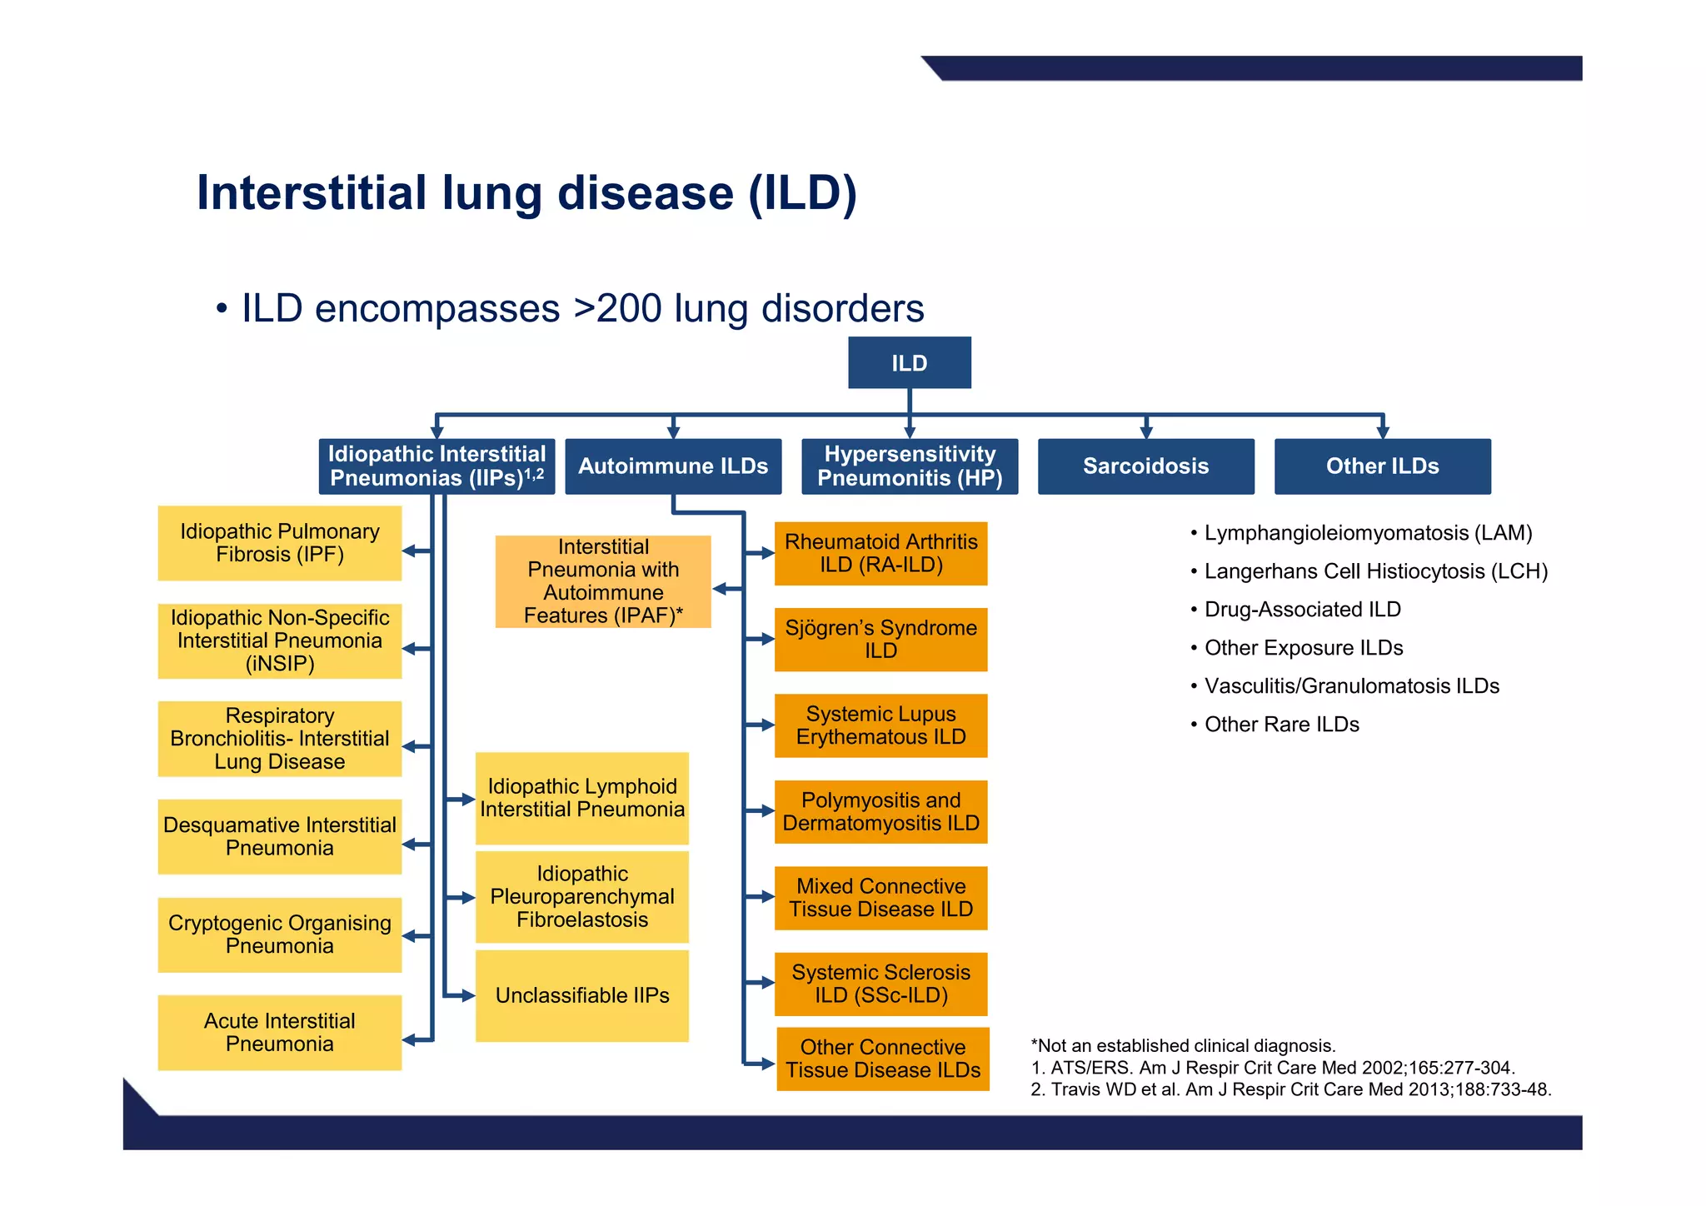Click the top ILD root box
pyautogui.click(x=909, y=362)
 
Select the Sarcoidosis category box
pyautogui.click(x=1145, y=466)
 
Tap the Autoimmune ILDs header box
pyautogui.click(x=673, y=466)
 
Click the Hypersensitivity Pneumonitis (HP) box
pyautogui.click(x=910, y=466)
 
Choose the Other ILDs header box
pyautogui.click(x=1382, y=466)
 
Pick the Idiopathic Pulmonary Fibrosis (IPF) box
pyautogui.click(x=279, y=543)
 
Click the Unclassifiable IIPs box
pyautogui.click(x=581, y=995)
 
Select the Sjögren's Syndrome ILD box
pyautogui.click(x=880, y=640)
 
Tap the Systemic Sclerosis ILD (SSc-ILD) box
pyautogui.click(x=880, y=984)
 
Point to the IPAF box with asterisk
pyautogui.click(x=603, y=581)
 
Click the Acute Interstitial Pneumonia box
pyautogui.click(x=279, y=1032)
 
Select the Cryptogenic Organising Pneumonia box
pyautogui.click(x=279, y=934)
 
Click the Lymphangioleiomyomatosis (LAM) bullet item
pyautogui.click(x=1367, y=533)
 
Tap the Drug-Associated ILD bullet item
pyautogui.click(x=1302, y=610)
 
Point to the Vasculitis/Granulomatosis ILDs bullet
pyautogui.click(x=1351, y=686)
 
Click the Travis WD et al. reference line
pyautogui.click(x=1290, y=1089)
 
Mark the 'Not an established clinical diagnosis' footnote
pyautogui.click(x=1183, y=1045)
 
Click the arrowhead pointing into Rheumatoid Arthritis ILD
pyautogui.click(x=767, y=553)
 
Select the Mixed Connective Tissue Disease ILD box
pyautogui.click(x=880, y=898)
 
